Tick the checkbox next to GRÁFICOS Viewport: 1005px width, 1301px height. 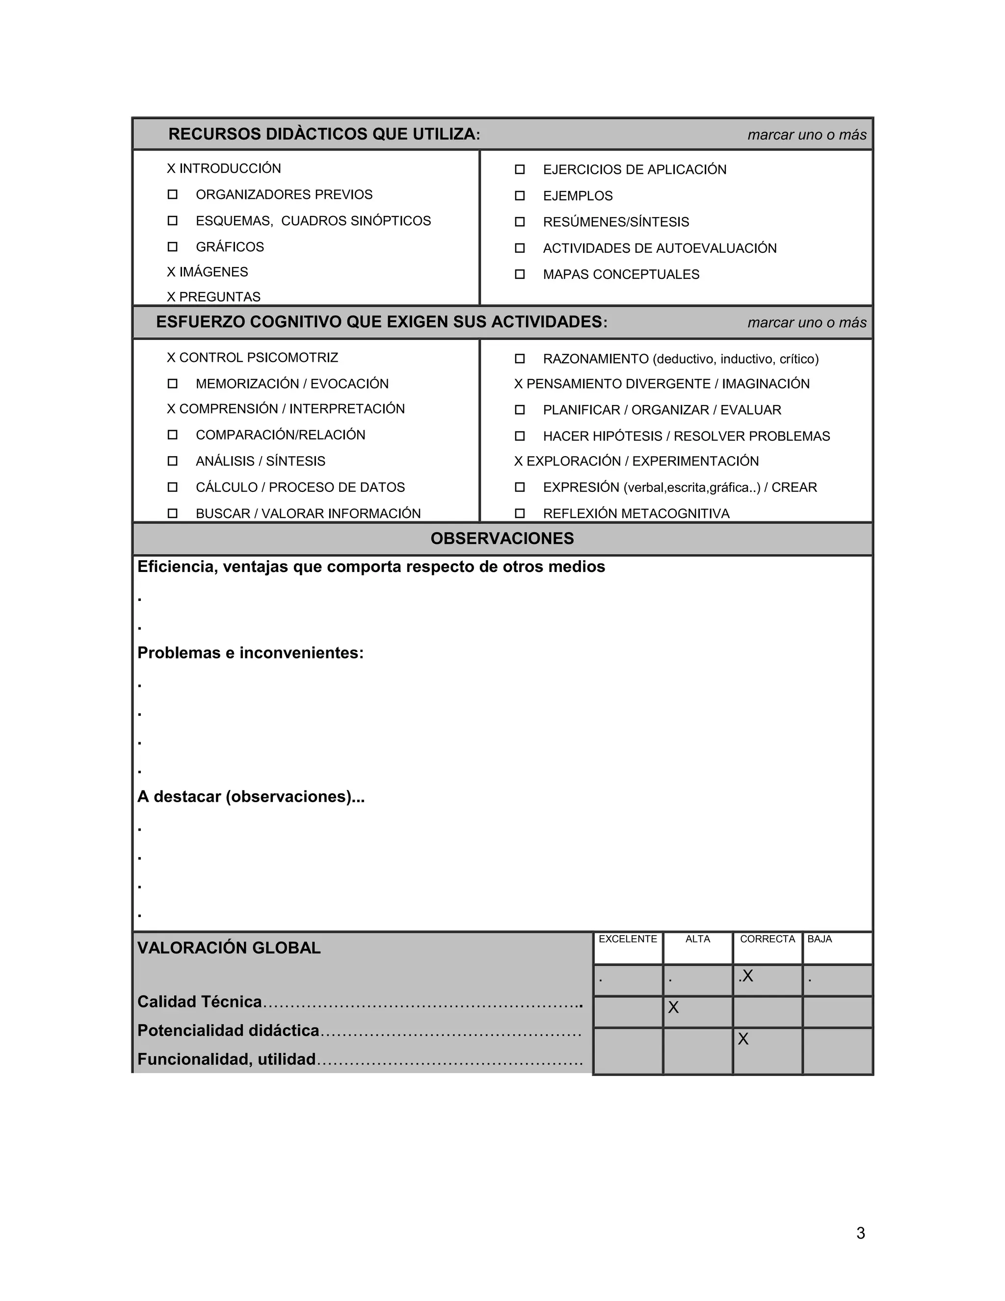(x=173, y=246)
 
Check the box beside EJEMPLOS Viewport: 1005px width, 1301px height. (x=520, y=195)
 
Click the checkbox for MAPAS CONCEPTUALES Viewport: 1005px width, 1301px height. (x=520, y=274)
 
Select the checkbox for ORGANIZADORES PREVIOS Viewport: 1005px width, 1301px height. (x=173, y=194)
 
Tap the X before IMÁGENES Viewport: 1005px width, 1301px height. (x=171, y=272)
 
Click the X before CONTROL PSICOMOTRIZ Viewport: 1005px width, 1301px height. (x=171, y=358)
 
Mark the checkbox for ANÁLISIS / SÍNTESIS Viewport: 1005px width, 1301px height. (x=173, y=461)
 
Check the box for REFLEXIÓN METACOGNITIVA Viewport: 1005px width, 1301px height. (x=520, y=513)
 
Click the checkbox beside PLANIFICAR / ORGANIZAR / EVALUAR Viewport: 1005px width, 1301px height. (x=520, y=410)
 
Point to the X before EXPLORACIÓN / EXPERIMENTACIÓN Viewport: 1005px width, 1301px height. (x=518, y=461)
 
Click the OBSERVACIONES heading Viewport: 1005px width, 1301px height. (x=502, y=539)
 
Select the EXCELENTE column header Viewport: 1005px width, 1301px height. (x=628, y=939)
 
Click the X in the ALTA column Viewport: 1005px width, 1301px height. (x=673, y=1007)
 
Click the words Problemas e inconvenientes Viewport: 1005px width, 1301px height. (x=250, y=653)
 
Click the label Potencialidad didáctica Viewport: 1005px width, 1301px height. (x=228, y=1030)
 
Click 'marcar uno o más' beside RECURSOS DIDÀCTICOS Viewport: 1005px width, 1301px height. (x=806, y=135)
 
